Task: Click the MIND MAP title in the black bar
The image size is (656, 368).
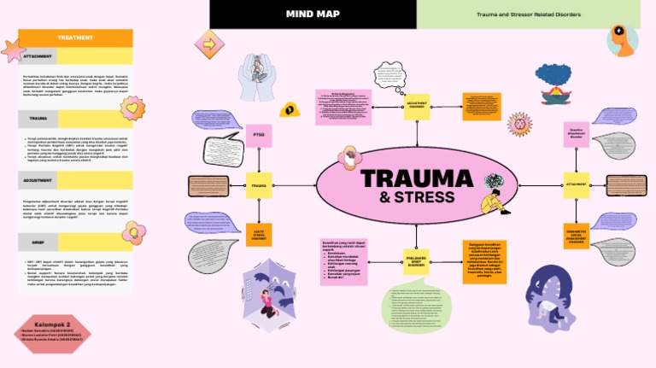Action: pyautogui.click(x=313, y=15)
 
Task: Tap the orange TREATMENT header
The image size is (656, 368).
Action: pyautogui.click(x=75, y=38)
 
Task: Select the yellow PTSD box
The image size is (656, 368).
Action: pyautogui.click(x=260, y=136)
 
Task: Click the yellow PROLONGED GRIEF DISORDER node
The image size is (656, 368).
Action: pyautogui.click(x=416, y=260)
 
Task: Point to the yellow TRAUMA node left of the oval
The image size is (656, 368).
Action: pyautogui.click(x=259, y=184)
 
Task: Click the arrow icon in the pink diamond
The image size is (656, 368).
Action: pyautogui.click(x=208, y=44)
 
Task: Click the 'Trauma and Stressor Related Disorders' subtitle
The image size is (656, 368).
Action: pyautogui.click(x=529, y=15)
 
